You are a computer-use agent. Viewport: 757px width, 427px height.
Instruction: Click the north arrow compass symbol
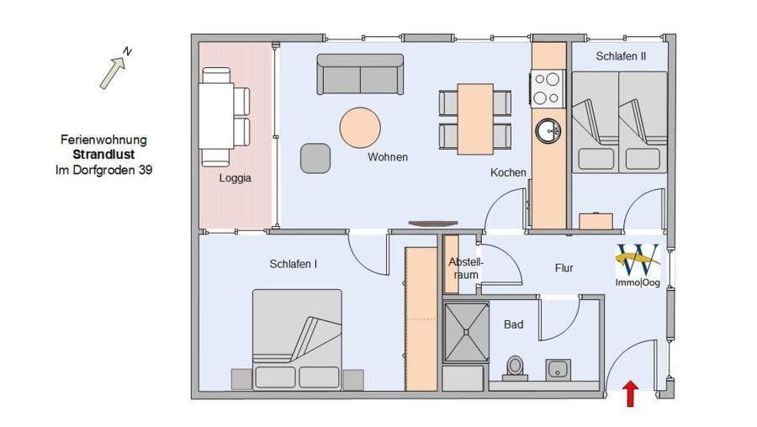tap(113, 71)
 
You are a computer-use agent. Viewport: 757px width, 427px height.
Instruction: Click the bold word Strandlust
tap(103, 155)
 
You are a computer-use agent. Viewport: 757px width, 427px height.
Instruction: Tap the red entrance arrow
tap(630, 393)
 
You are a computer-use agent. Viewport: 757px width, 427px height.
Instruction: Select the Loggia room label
tap(236, 178)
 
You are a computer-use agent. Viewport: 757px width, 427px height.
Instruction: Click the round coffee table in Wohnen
tap(360, 128)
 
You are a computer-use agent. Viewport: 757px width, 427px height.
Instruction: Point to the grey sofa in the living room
tap(360, 74)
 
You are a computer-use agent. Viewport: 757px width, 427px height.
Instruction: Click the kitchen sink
tap(548, 130)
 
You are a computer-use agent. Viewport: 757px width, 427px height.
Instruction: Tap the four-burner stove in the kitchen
tap(548, 87)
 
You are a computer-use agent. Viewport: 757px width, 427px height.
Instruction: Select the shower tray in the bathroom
tap(466, 332)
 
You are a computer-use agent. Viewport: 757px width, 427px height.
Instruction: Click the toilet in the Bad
tap(515, 369)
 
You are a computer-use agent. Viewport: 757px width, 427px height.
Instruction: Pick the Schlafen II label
tap(621, 56)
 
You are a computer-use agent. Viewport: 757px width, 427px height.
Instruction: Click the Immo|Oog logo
tap(638, 265)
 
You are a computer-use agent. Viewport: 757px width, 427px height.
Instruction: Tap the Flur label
tap(564, 268)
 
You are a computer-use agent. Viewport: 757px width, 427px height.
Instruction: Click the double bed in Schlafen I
tap(297, 340)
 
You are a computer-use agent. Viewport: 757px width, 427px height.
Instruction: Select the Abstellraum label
tap(466, 269)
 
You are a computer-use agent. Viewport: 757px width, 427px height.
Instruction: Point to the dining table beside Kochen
tap(475, 119)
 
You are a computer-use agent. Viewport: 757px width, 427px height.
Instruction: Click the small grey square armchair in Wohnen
tap(315, 158)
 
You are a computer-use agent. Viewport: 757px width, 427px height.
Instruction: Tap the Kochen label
tap(508, 172)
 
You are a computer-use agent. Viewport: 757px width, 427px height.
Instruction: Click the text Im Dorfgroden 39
tap(103, 170)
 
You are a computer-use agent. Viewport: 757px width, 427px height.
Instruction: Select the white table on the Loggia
tap(216, 116)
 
